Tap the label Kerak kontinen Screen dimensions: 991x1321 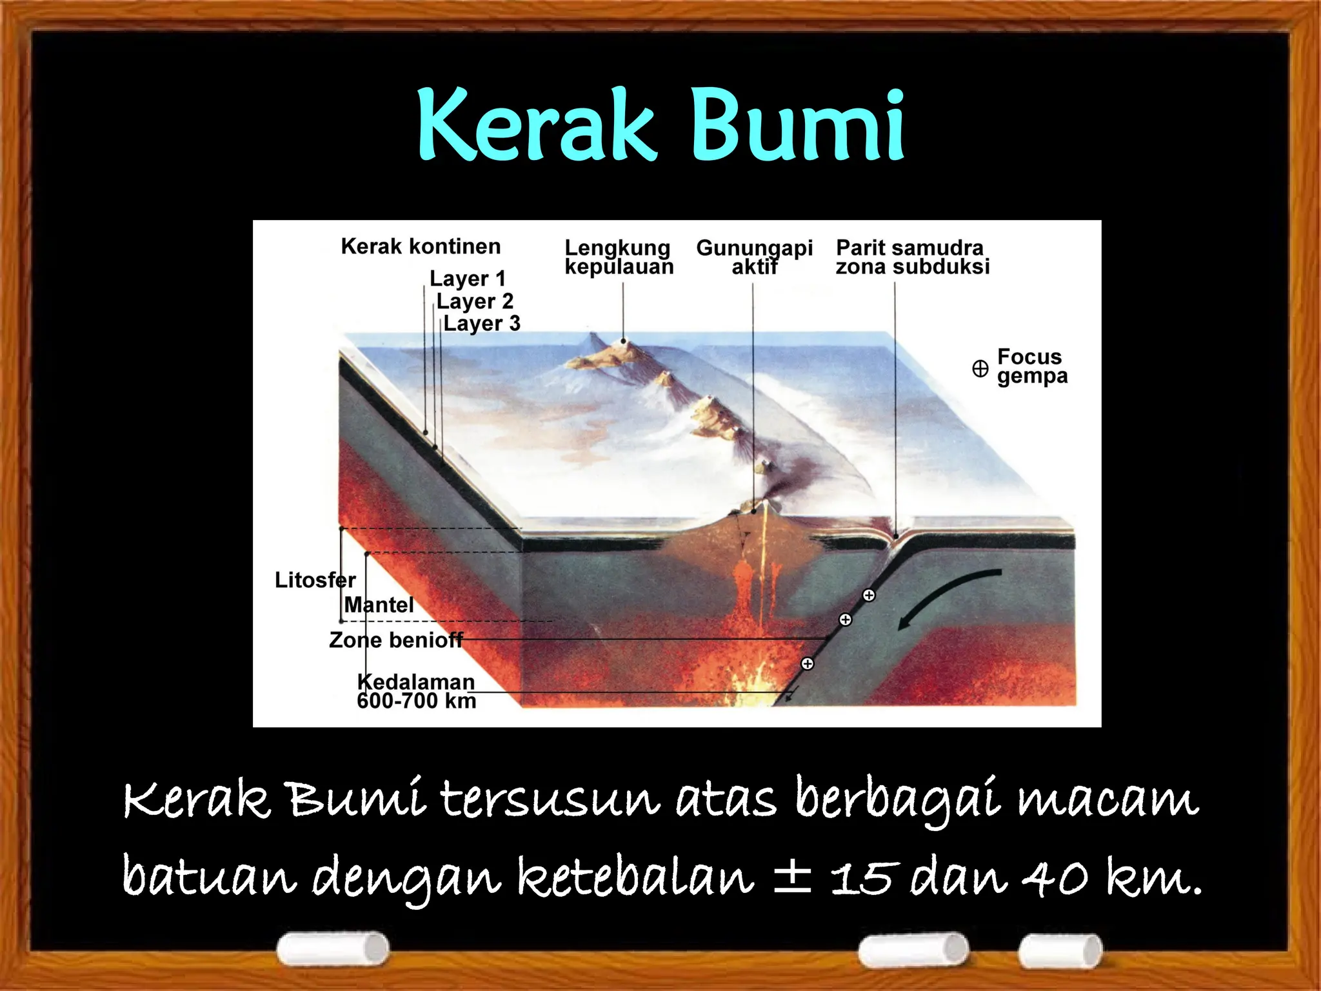point(421,246)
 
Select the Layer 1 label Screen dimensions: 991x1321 point(468,279)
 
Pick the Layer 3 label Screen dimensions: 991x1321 point(481,323)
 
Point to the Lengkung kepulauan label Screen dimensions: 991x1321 point(619,257)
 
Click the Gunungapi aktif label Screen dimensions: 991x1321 point(754,257)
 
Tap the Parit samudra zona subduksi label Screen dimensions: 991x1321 point(912,257)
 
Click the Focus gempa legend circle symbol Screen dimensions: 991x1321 point(980,368)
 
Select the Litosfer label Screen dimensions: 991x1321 point(315,580)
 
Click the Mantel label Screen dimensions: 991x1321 point(379,605)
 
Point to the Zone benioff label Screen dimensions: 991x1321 point(395,640)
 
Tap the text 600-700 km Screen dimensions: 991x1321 point(416,701)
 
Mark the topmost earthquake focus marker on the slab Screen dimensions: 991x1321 point(869,596)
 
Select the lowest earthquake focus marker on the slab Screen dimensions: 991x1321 point(807,664)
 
